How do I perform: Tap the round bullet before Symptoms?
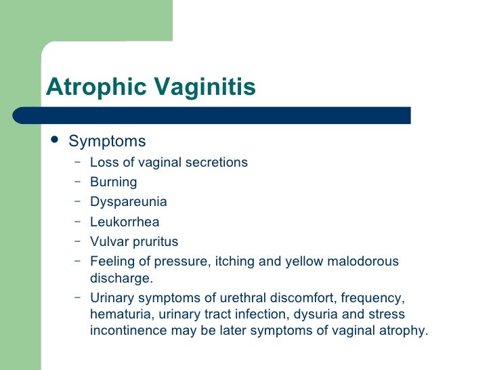[x=54, y=140]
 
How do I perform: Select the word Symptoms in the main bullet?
[x=107, y=142]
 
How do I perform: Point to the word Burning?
[x=114, y=182]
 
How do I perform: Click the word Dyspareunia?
[x=129, y=202]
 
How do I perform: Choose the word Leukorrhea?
[x=125, y=222]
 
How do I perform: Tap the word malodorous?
[x=366, y=262]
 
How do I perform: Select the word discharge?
[x=121, y=278]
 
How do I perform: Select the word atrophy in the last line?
[x=406, y=331]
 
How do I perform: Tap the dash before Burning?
[x=78, y=182]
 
